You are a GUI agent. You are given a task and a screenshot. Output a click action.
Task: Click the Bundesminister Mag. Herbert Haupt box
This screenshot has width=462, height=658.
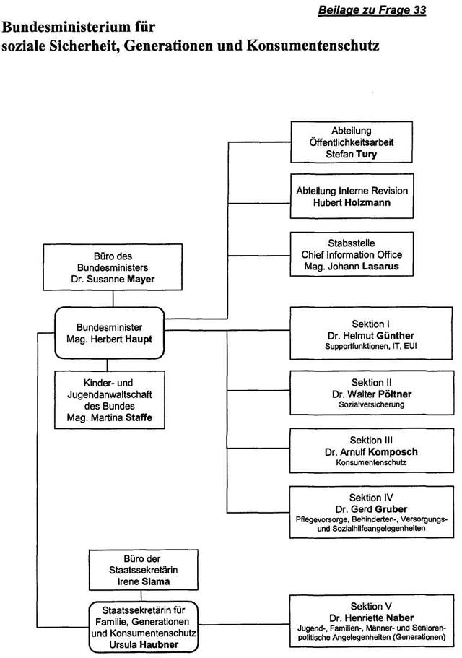[109, 332]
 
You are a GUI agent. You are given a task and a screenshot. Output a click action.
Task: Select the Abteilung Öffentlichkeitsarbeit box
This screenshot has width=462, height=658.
[352, 143]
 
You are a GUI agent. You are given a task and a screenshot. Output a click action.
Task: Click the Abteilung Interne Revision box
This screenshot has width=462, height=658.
[352, 196]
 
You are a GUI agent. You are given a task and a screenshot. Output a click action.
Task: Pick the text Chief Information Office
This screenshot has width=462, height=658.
[352, 254]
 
